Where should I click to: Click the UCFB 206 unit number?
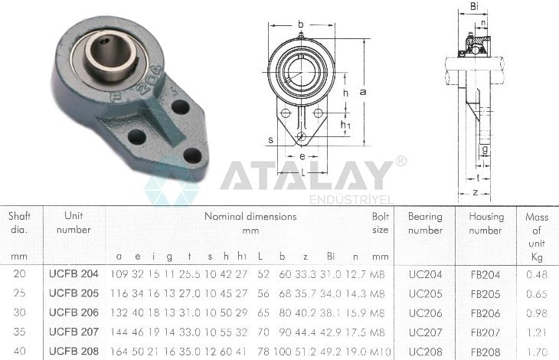74,313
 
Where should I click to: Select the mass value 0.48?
537,274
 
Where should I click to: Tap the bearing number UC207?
425,332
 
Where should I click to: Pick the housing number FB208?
485,352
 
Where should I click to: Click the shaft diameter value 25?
20,293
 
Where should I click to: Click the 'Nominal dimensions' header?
250,216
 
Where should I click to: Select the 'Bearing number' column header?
425,223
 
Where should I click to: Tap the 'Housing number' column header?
486,223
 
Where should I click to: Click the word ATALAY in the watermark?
306,175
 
